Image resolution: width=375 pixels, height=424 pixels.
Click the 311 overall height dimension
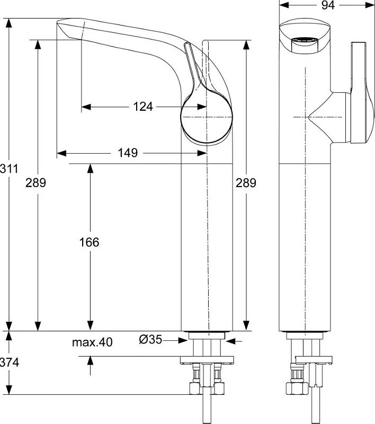(9, 169)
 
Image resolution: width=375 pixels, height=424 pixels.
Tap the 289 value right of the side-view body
(246, 183)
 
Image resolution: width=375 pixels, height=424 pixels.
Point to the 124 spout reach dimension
(142, 107)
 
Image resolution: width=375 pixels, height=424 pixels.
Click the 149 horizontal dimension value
(128, 153)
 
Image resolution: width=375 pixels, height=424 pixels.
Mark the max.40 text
(92, 342)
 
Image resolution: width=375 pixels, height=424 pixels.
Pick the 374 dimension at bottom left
(9, 363)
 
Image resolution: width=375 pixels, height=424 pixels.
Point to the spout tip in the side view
(63, 28)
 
